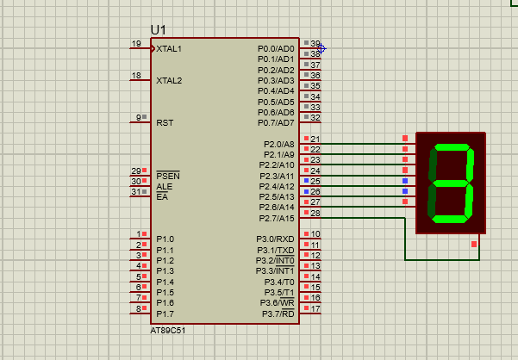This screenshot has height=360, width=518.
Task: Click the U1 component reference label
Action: (x=159, y=29)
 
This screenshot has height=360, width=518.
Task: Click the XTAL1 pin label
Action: (x=169, y=49)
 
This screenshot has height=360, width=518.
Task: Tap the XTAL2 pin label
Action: (x=169, y=81)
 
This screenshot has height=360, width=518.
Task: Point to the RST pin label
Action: (x=165, y=123)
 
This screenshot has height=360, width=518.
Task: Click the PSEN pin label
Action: (x=168, y=176)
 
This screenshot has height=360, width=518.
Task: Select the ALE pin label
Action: (x=164, y=186)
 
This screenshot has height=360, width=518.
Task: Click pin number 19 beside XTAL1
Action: (x=136, y=44)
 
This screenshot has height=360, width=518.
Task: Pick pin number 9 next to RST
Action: (x=138, y=118)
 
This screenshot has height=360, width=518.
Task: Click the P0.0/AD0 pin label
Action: (x=276, y=49)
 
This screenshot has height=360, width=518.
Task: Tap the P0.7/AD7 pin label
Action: (x=276, y=123)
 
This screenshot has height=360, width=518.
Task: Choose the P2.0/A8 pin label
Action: (x=278, y=144)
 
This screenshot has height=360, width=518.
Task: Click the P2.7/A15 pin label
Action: (x=276, y=218)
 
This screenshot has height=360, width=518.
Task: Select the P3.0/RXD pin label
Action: (x=275, y=239)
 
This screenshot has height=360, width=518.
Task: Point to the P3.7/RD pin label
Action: (x=277, y=313)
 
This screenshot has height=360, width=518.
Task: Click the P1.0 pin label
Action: (x=165, y=239)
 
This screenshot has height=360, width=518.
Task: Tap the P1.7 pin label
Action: (x=165, y=313)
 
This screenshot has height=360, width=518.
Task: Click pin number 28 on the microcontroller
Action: (x=315, y=213)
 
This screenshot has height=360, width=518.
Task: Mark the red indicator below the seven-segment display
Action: (x=474, y=245)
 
